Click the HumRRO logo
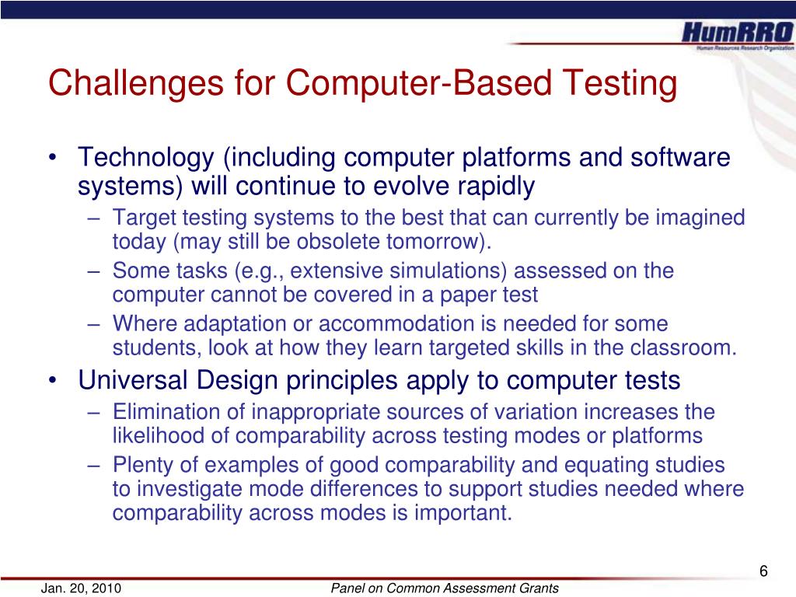[x=737, y=36]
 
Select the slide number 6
[x=763, y=571]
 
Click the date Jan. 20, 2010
[x=81, y=588]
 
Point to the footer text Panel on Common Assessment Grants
[x=445, y=588]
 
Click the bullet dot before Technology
[x=52, y=157]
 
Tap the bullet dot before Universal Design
[x=52, y=380]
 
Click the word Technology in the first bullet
[x=146, y=158]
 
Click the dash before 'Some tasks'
[x=93, y=271]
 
